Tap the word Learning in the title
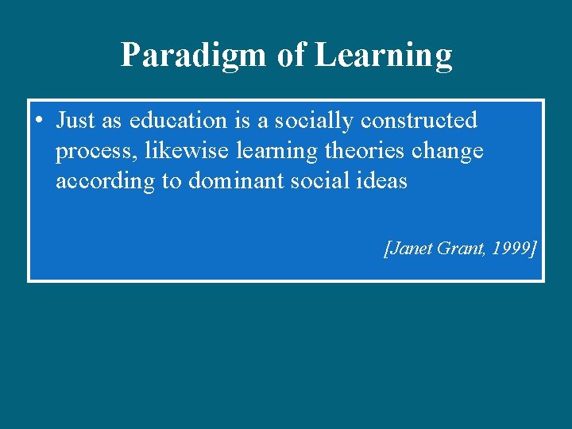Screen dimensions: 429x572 [x=384, y=56]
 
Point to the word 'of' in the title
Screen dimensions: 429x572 [x=291, y=56]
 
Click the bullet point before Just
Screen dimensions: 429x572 [x=39, y=121]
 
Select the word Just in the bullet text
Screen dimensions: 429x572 [x=75, y=121]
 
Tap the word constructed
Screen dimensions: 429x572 [x=419, y=121]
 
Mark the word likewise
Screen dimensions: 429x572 [x=187, y=151]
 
